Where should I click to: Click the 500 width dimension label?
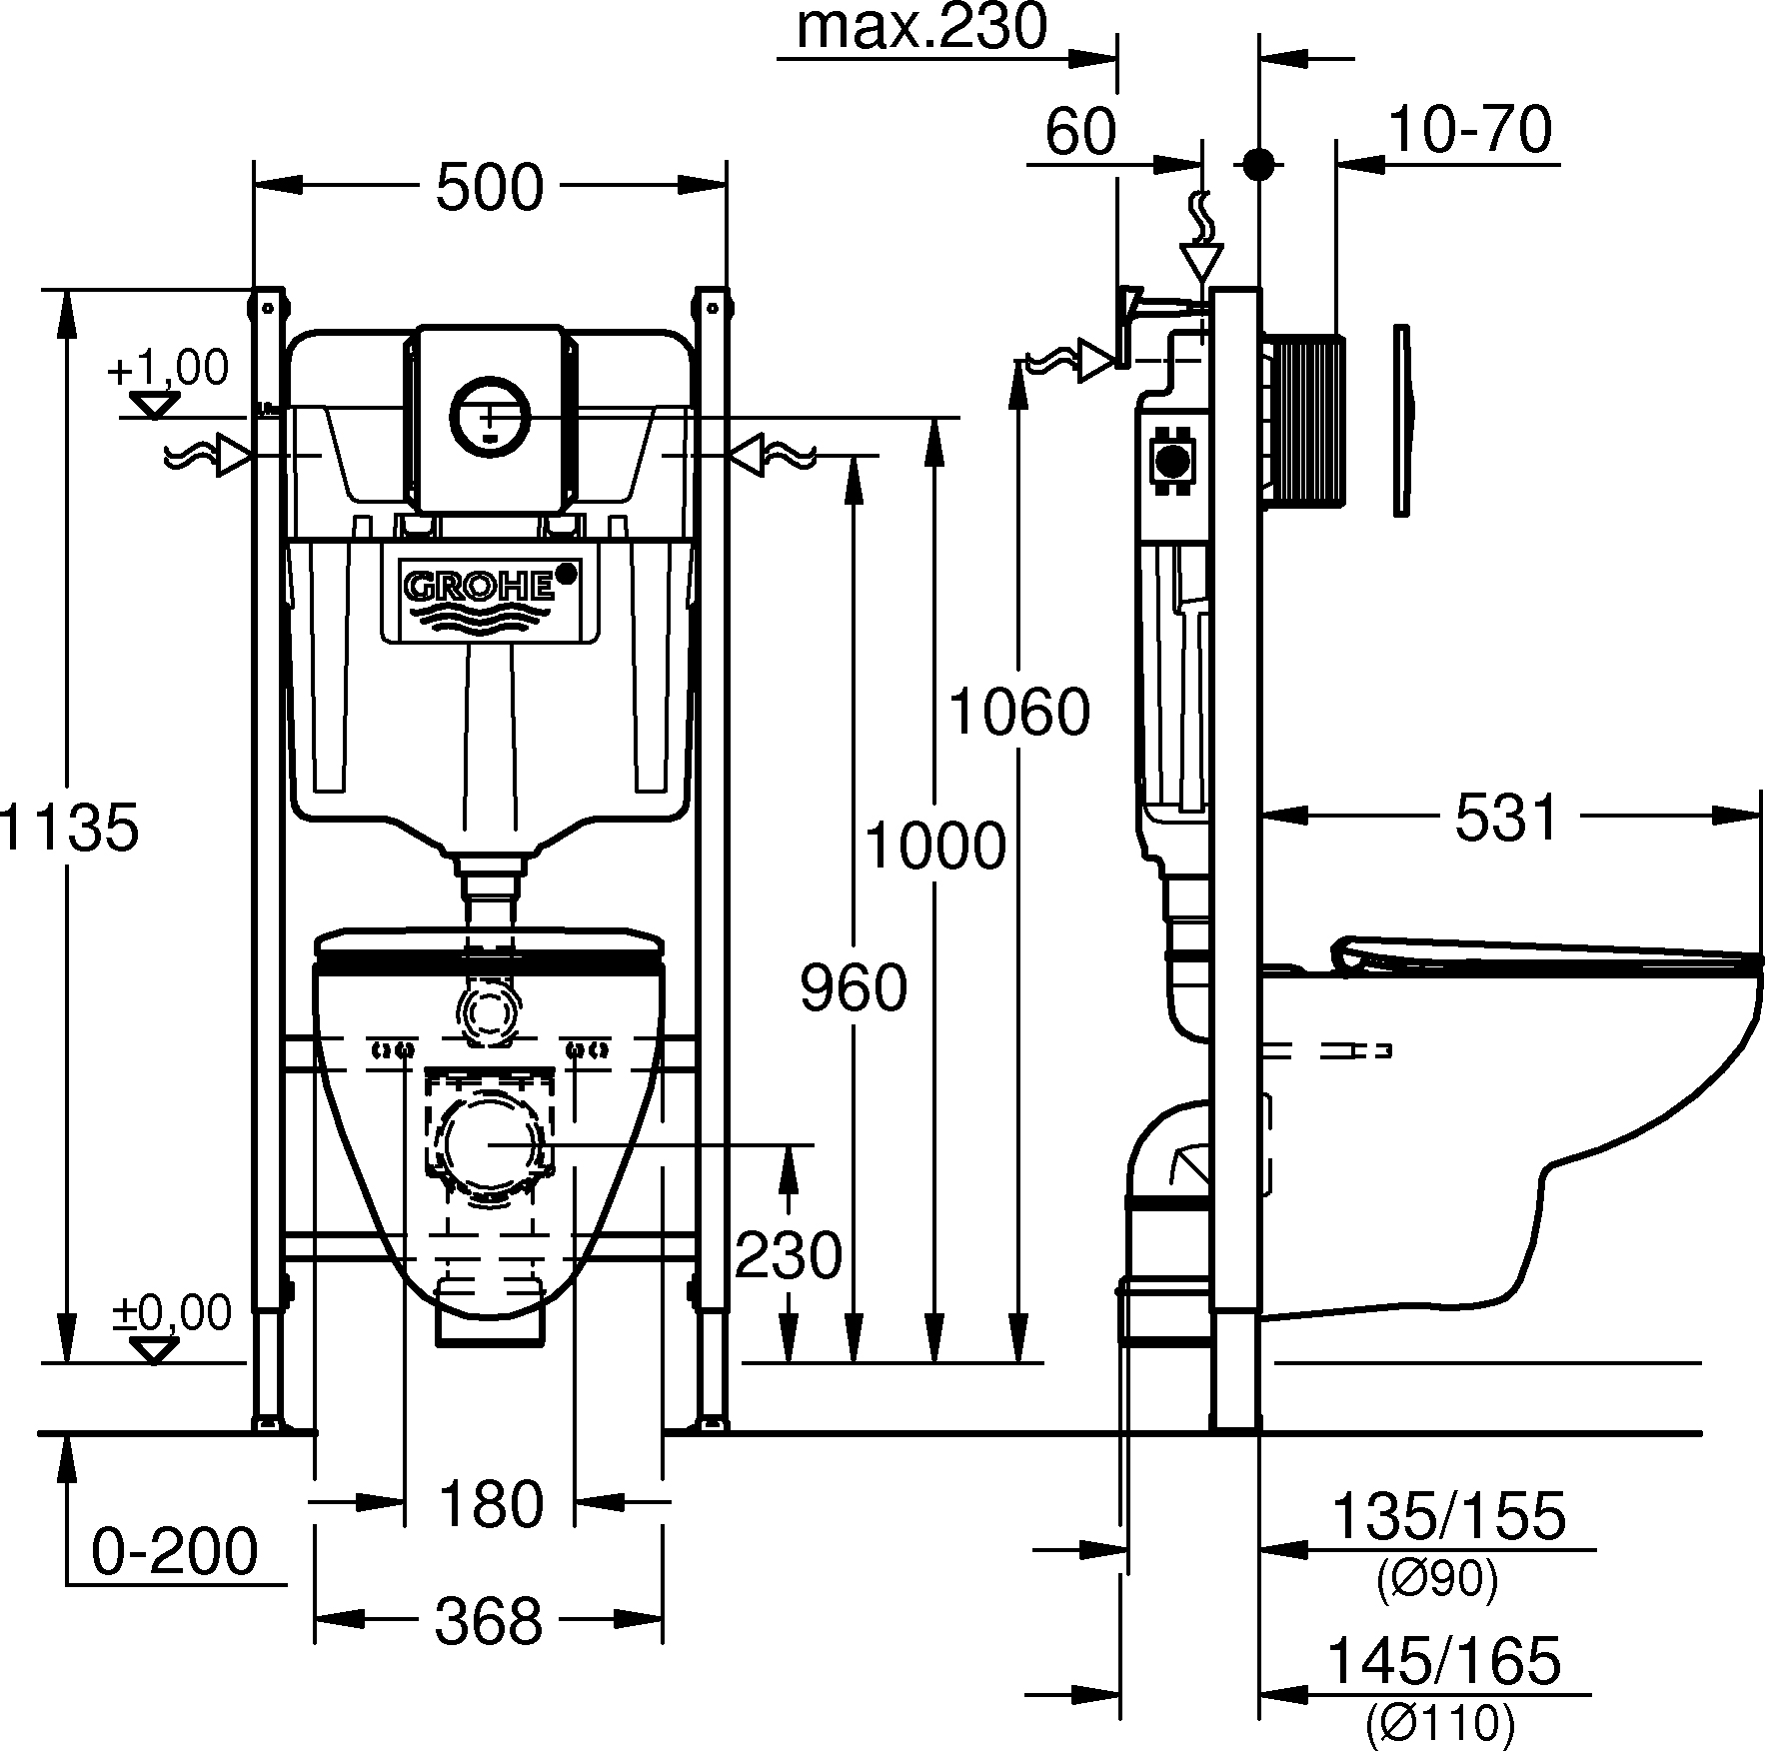[x=490, y=187]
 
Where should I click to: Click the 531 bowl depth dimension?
[x=1506, y=817]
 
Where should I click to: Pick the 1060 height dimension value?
[x=1018, y=711]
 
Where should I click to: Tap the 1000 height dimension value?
[x=934, y=846]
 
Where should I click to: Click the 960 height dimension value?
[x=854, y=987]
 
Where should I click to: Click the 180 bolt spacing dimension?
[x=490, y=1503]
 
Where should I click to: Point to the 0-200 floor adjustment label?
[x=175, y=1551]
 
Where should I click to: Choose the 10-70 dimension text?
[x=1469, y=130]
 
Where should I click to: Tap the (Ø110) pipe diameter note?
[x=1440, y=1721]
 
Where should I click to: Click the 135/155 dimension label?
[x=1448, y=1515]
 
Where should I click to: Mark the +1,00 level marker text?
[x=168, y=368]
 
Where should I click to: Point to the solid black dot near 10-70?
[x=1258, y=165]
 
